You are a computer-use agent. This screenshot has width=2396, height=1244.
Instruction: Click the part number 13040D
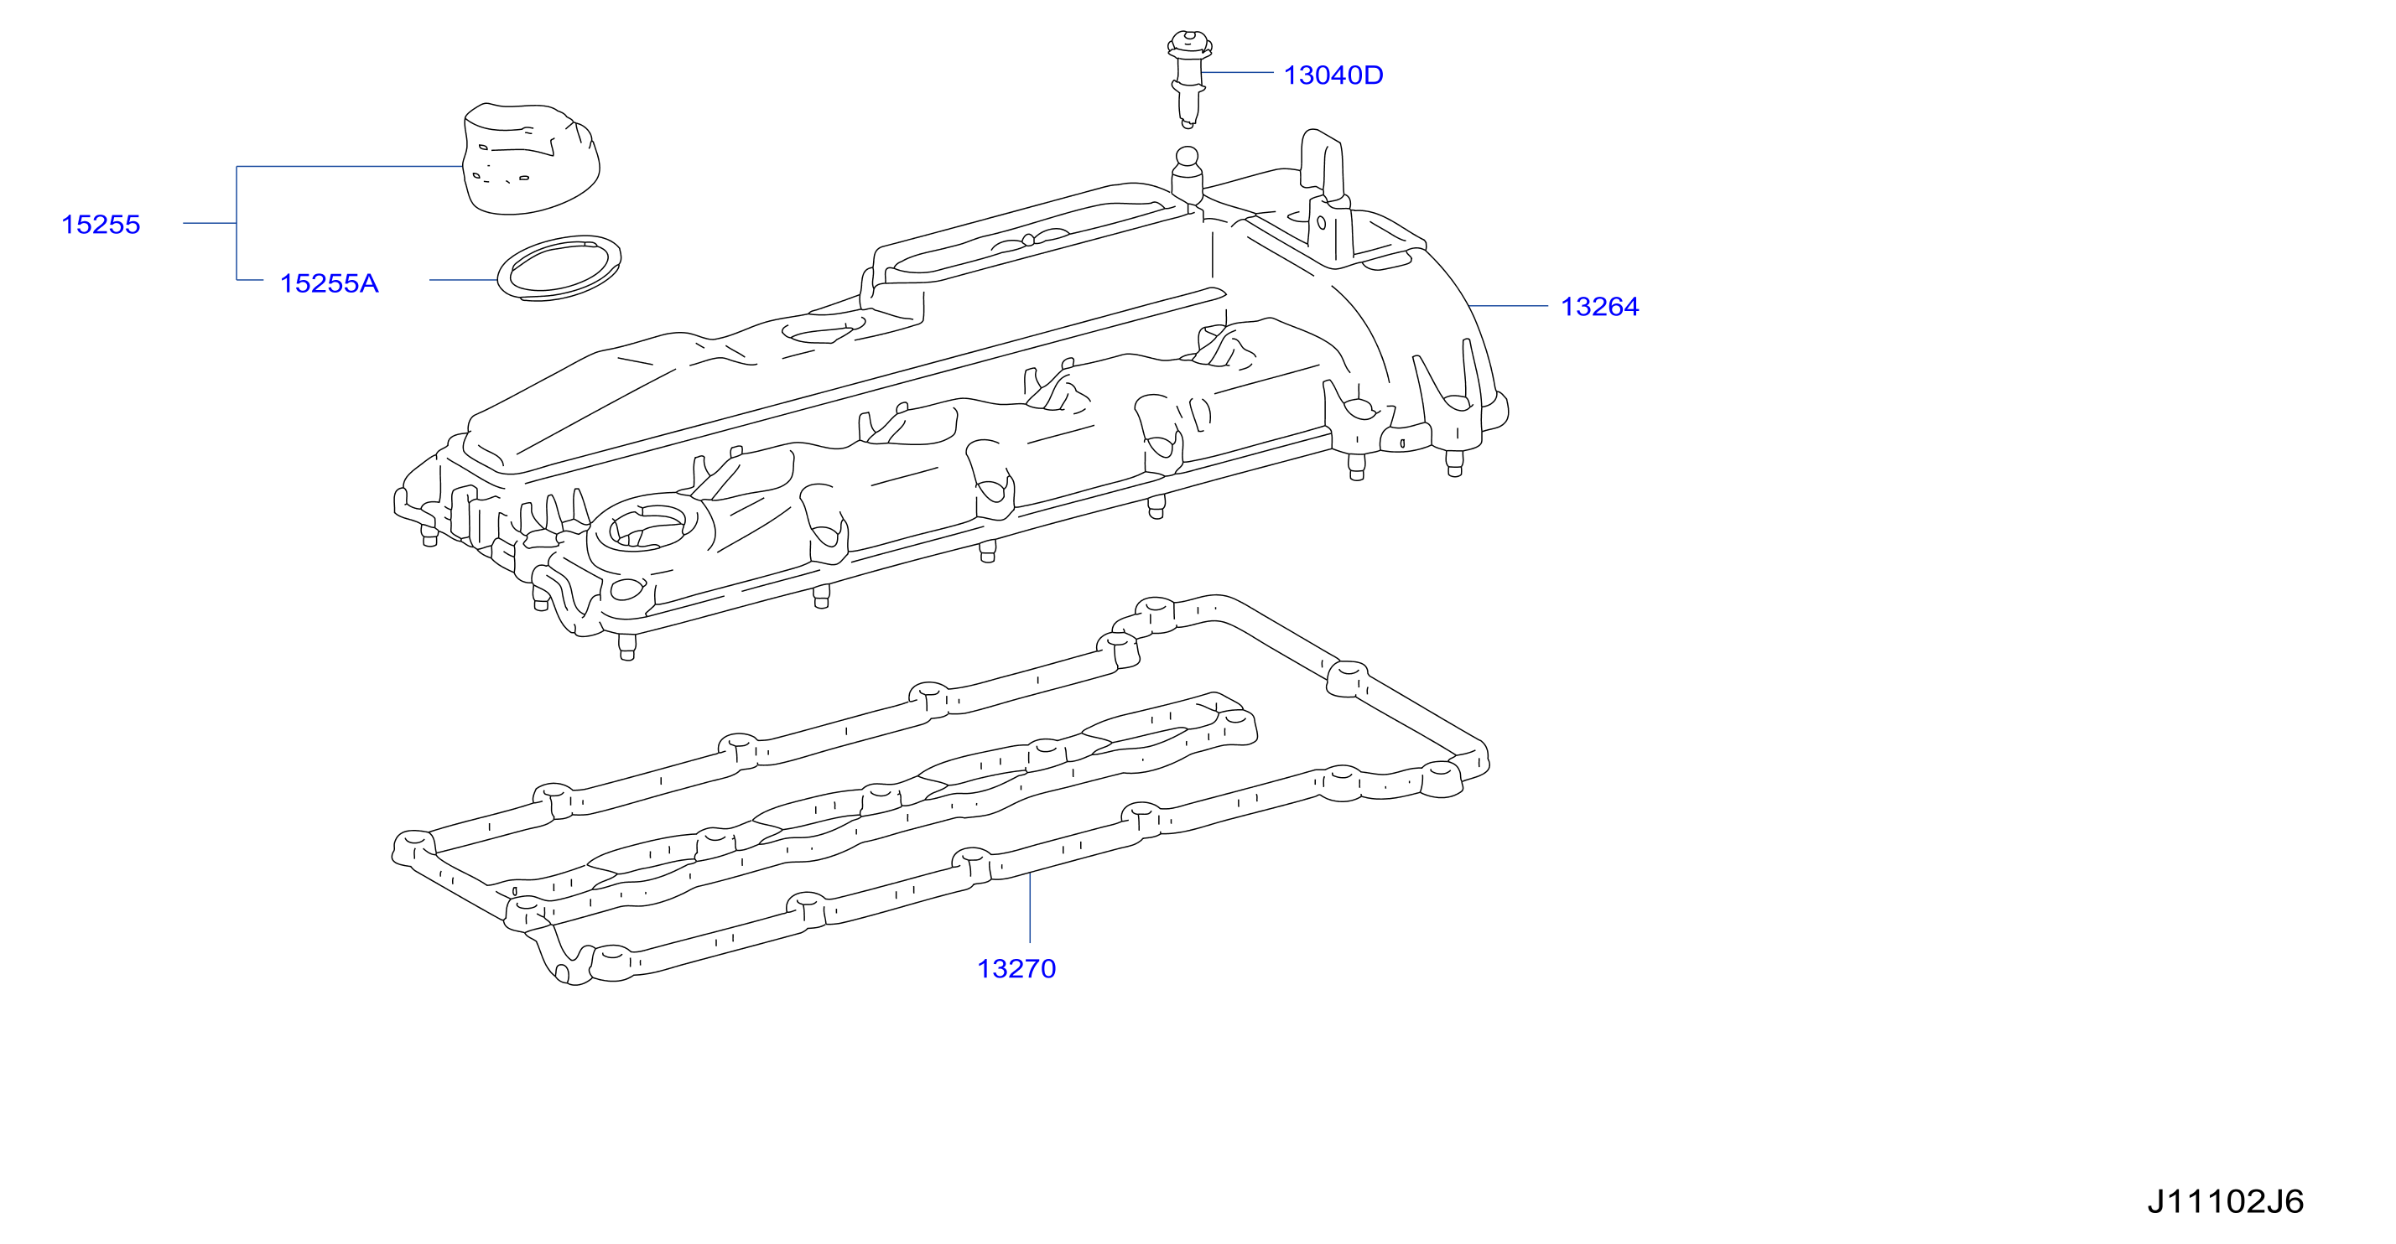coord(1333,75)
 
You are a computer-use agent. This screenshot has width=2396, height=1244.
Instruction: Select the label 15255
coord(101,224)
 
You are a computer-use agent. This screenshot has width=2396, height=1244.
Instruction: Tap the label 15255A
coord(330,283)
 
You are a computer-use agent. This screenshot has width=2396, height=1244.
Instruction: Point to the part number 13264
coord(1600,307)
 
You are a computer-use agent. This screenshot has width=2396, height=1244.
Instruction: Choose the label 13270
coord(1016,969)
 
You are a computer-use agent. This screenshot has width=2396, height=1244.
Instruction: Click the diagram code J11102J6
coord(2226,1201)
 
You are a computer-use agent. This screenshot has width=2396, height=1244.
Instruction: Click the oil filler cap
coord(531,159)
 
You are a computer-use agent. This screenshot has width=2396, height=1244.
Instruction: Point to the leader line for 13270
coord(1030,909)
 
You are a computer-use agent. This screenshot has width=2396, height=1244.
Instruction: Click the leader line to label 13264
coord(1507,306)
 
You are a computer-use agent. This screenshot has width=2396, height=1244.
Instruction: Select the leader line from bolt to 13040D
coord(1237,71)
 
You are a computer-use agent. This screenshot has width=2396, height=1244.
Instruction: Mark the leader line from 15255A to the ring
coord(464,280)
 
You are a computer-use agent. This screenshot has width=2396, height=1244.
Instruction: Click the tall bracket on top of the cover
coord(1324,195)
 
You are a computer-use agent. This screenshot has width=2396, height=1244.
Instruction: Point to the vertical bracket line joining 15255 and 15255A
coord(236,223)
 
